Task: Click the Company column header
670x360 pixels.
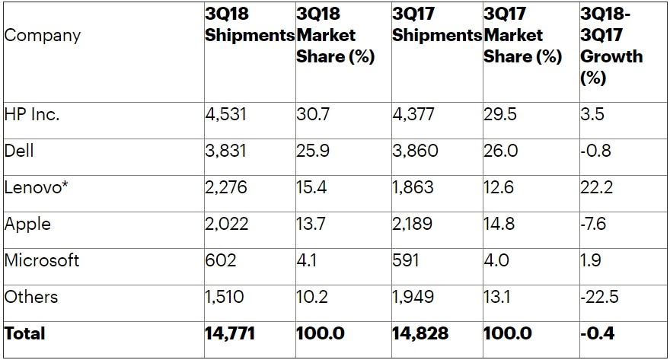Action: pos(43,36)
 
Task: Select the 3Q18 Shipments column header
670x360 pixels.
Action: pos(249,25)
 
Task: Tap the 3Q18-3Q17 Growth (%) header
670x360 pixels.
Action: pos(611,46)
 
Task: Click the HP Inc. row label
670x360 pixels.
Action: pos(32,115)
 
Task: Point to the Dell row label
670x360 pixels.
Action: pos(19,151)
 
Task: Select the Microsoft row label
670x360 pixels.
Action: pos(42,260)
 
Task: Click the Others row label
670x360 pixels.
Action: pos(31,296)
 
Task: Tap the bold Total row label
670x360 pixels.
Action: pos(25,333)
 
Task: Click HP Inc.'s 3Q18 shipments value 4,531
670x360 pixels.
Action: pos(225,115)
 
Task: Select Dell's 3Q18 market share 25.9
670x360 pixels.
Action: pos(313,151)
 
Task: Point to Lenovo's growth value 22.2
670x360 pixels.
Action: pos(597,187)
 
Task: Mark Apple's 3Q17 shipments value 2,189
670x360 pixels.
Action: pos(415,224)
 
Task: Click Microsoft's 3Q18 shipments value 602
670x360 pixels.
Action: pos(221,260)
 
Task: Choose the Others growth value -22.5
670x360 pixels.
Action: pos(600,296)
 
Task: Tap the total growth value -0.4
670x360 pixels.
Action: pos(598,333)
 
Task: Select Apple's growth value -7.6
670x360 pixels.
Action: pos(595,224)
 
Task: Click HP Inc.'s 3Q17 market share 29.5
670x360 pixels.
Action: pos(500,115)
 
